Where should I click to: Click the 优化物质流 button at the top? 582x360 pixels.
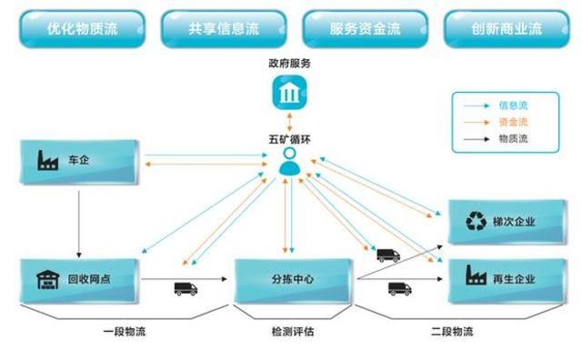point(81,28)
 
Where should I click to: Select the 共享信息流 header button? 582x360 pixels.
point(223,28)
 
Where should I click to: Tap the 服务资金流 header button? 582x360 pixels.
point(365,28)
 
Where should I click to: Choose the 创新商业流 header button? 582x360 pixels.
point(506,28)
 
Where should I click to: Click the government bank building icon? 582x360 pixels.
point(289,93)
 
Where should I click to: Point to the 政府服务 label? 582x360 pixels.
point(289,64)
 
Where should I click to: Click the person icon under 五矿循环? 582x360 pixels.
point(289,164)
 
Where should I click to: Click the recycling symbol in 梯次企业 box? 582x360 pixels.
point(477,221)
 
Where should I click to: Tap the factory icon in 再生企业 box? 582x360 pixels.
point(477,277)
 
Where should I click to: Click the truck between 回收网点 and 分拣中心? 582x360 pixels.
point(186,289)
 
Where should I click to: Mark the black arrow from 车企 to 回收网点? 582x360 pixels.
point(79,218)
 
